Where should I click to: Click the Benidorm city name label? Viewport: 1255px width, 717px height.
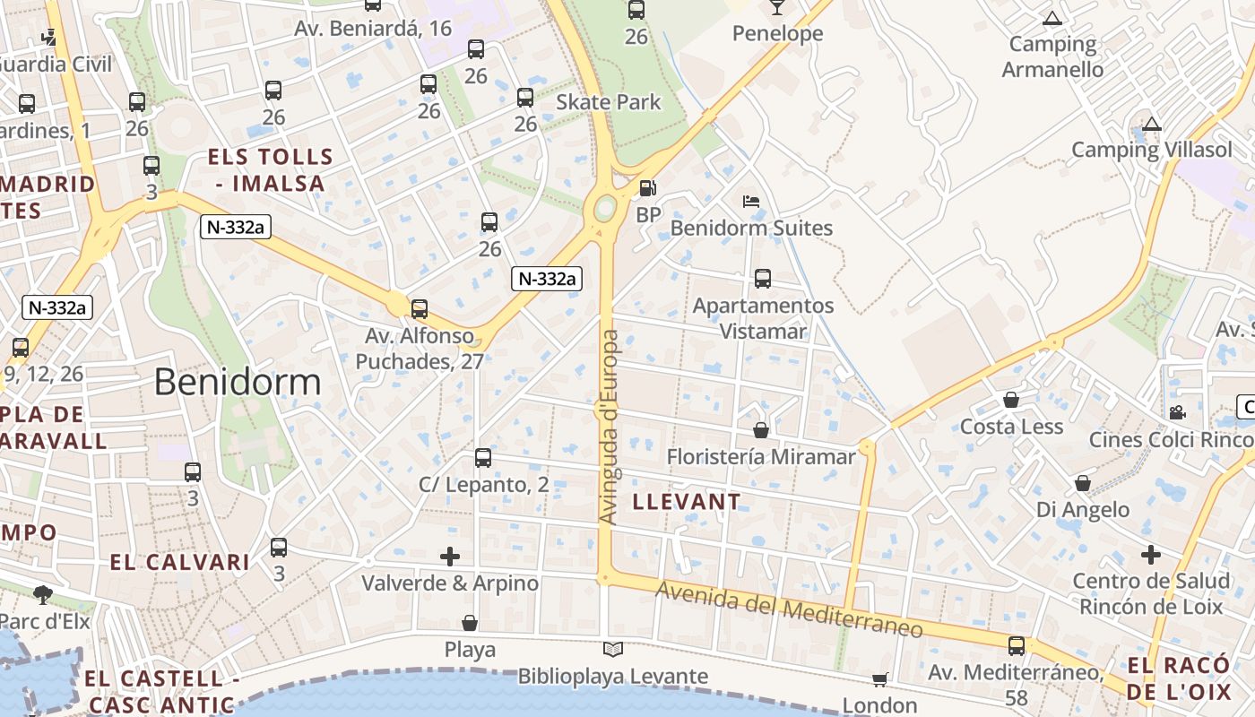tap(238, 382)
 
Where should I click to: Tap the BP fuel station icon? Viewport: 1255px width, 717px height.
tap(647, 188)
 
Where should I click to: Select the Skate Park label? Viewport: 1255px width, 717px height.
tap(609, 102)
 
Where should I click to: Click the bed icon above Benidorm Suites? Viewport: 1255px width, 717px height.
tap(751, 202)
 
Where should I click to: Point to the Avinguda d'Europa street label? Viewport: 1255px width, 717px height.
tap(609, 428)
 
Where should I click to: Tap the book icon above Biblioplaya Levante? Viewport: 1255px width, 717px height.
tap(613, 650)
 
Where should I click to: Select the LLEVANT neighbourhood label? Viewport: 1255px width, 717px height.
tap(688, 502)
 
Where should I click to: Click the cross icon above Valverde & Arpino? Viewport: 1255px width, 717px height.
tap(450, 557)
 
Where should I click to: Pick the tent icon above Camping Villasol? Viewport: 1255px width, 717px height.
tap(1152, 124)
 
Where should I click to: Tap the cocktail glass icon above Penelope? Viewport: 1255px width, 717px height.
tap(776, 7)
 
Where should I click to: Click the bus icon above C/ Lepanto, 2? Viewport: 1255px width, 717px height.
tap(483, 458)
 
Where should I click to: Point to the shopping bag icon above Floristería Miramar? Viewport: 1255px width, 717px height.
tap(761, 431)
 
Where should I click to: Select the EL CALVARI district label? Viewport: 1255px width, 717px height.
tap(179, 563)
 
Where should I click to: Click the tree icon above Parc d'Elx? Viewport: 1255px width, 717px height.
tap(42, 594)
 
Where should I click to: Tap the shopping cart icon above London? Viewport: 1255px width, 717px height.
tap(879, 680)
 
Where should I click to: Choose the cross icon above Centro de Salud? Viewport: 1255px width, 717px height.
tap(1151, 555)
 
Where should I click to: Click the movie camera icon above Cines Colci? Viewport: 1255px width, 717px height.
tap(1177, 412)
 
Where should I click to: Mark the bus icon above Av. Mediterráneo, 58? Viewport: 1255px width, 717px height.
tap(1017, 645)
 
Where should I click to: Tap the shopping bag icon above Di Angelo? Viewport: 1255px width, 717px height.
tap(1083, 484)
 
